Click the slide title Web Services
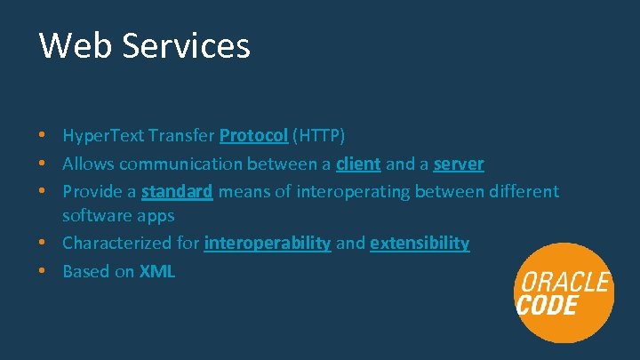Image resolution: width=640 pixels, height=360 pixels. click(144, 45)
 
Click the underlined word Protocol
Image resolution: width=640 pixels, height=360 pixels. click(253, 136)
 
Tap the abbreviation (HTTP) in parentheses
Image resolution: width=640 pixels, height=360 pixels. click(319, 136)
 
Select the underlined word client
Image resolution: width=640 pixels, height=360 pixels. click(358, 164)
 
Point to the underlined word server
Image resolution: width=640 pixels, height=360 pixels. click(459, 164)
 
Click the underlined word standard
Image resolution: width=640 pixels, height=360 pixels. click(177, 191)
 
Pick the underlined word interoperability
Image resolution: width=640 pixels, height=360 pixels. click(267, 244)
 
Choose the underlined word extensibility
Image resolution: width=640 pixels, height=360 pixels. click(420, 244)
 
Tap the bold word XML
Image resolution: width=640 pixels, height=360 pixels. click(157, 272)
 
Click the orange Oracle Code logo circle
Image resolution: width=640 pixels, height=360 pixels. click(564, 293)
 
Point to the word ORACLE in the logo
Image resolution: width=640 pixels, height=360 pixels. click(564, 284)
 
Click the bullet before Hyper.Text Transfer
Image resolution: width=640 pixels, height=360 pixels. click(43, 136)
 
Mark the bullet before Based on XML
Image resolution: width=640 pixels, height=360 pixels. click(43, 272)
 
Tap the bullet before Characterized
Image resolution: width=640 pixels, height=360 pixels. click(43, 244)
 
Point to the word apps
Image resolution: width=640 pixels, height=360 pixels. click(156, 216)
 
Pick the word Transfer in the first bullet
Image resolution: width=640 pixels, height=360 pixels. click(183, 136)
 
